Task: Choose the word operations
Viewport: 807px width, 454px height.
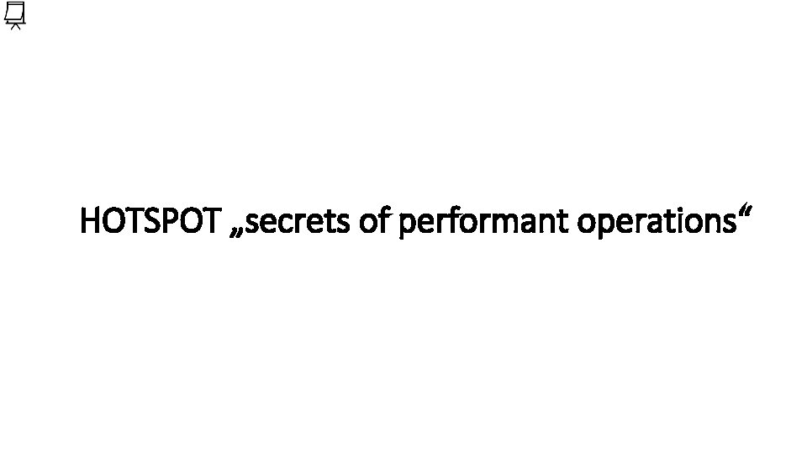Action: click(x=654, y=223)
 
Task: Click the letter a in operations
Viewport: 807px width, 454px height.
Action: click(x=657, y=224)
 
